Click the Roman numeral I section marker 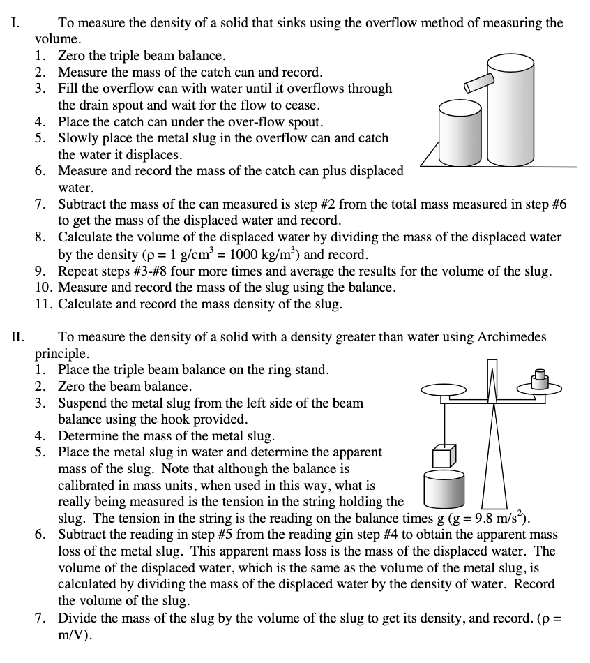click(15, 23)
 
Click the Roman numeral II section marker click(17, 337)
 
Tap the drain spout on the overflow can click(477, 83)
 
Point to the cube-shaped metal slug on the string click(443, 455)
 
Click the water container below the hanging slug click(444, 491)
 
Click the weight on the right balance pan click(538, 378)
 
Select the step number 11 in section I click(43, 305)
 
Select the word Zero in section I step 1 click(73, 55)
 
